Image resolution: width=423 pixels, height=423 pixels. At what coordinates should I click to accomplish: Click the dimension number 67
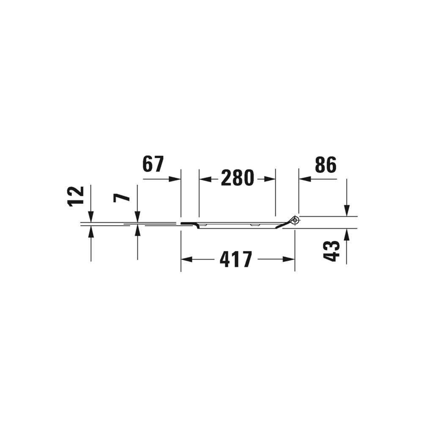click(x=153, y=164)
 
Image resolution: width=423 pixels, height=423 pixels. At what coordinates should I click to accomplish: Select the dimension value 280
click(x=237, y=178)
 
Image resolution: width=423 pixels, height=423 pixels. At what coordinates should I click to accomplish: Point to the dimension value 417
click(x=236, y=259)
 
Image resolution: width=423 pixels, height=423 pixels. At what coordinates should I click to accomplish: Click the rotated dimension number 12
click(x=76, y=196)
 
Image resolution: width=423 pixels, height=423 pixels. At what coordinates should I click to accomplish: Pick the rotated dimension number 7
click(x=122, y=198)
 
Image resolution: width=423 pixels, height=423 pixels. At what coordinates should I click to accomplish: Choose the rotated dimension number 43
click(x=331, y=251)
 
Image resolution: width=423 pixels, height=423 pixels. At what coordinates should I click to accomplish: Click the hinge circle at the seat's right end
click(x=295, y=220)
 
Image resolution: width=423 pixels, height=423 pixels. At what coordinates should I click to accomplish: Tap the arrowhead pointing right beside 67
click(x=175, y=179)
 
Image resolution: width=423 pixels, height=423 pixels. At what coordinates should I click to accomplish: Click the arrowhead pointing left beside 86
click(x=305, y=179)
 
